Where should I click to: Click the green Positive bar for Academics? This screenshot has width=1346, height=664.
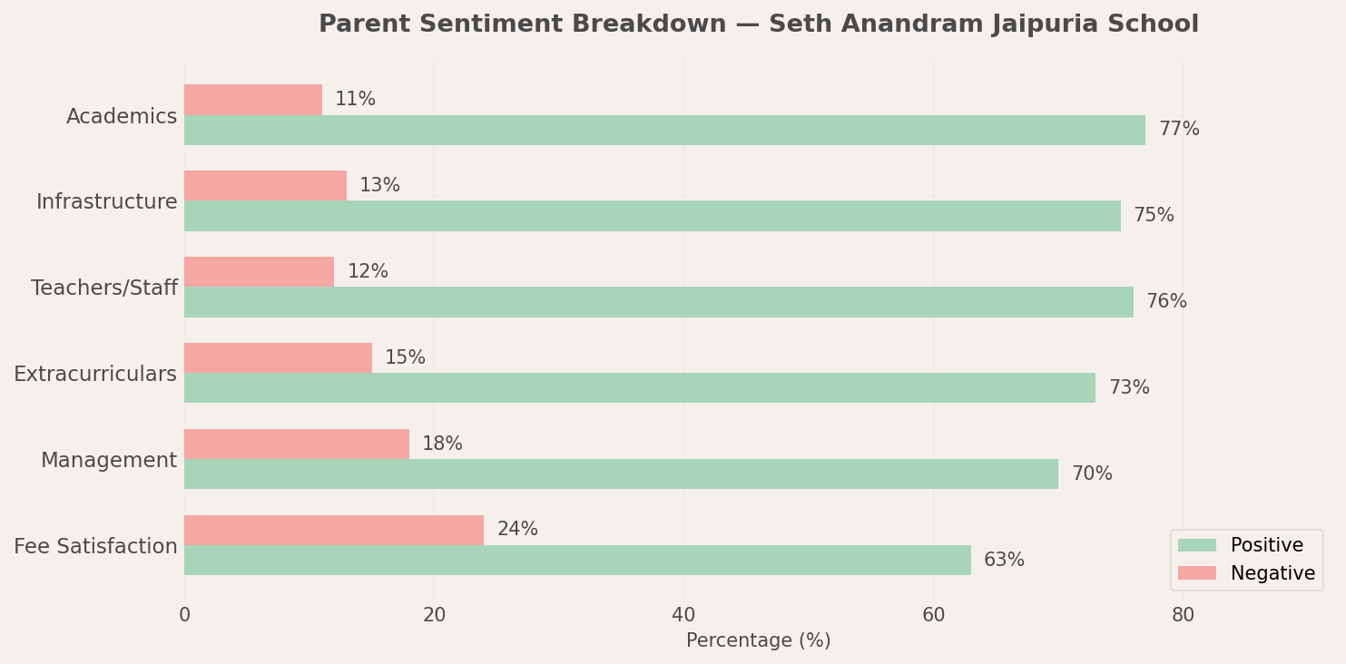coord(664,130)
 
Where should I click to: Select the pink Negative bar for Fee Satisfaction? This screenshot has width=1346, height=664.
coord(334,530)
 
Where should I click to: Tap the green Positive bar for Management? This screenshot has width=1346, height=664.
coord(621,474)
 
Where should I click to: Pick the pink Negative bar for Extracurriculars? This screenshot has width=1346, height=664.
coord(278,357)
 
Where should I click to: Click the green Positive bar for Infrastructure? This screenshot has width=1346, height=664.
coord(652,216)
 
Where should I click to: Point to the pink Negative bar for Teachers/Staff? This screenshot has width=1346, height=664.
coord(259,271)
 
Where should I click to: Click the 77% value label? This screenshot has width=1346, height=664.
coord(1179,130)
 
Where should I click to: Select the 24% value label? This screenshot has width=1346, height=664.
coord(517,530)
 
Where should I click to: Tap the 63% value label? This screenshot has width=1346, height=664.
coord(1004,561)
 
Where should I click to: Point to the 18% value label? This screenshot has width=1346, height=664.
coord(442,444)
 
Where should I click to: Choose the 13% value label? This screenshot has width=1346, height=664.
coord(379,186)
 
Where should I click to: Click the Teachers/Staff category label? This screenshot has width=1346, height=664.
coord(104,288)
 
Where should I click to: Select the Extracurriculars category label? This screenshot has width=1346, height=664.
coord(95,375)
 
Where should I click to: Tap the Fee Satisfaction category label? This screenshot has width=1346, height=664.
coord(95,547)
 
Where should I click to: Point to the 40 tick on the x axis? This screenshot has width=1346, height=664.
coord(683,615)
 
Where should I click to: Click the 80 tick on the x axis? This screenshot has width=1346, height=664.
coord(1183,615)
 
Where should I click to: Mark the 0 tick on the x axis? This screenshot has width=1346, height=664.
coord(184,615)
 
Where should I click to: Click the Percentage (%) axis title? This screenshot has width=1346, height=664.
coord(758,641)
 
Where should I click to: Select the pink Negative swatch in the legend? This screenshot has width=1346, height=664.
coord(1196,573)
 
